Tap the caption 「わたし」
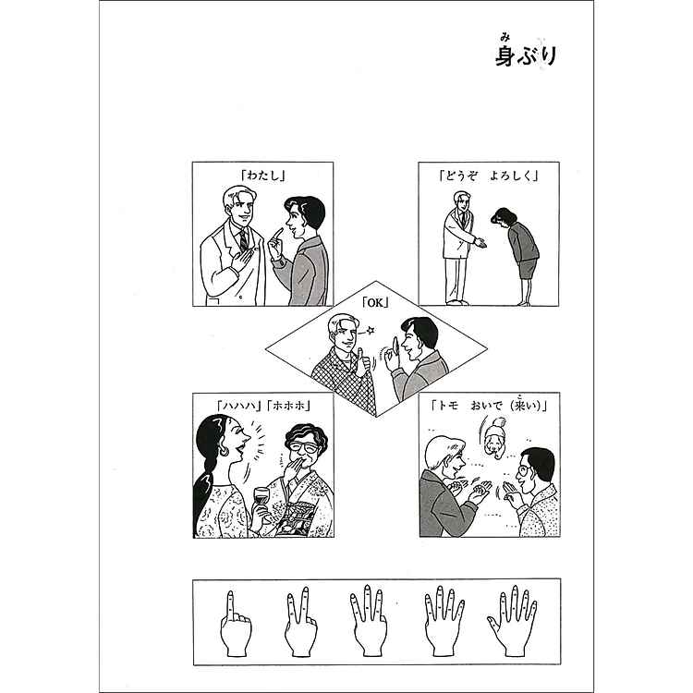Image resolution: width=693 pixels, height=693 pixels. pyautogui.click(x=261, y=173)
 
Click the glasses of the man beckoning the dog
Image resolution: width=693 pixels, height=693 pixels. pyautogui.click(x=522, y=471)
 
